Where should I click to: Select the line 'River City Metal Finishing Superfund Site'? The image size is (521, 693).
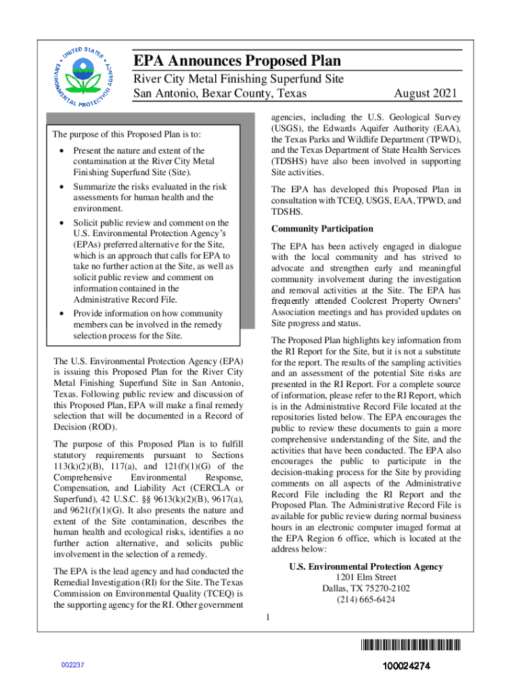click(x=237, y=79)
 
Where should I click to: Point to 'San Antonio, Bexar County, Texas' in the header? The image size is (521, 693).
click(x=219, y=93)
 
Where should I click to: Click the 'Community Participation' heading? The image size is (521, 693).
click(x=322, y=229)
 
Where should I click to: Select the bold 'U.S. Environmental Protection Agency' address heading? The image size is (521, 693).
click(x=366, y=567)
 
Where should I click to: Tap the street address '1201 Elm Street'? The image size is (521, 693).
click(x=366, y=578)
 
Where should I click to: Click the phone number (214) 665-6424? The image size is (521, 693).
click(x=366, y=600)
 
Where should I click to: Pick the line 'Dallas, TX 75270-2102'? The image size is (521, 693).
click(x=366, y=589)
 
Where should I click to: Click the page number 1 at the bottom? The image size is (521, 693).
click(x=268, y=617)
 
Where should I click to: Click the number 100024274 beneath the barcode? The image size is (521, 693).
click(x=406, y=666)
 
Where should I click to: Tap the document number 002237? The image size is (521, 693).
click(x=72, y=665)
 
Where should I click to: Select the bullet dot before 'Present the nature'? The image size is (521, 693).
click(x=62, y=151)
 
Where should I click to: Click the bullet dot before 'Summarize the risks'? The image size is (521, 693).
click(x=62, y=187)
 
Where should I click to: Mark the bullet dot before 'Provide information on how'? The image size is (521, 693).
click(x=62, y=314)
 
